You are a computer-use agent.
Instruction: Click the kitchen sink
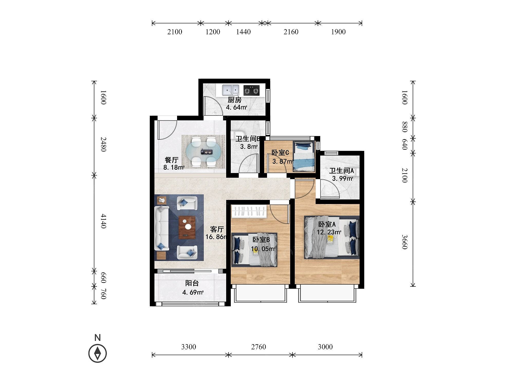(x=231, y=90)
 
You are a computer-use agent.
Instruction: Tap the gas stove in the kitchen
(x=251, y=90)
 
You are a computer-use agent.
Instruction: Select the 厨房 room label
(x=234, y=100)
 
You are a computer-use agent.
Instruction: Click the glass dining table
(x=203, y=152)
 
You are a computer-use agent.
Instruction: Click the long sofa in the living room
(x=161, y=228)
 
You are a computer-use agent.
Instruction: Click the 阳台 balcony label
(x=192, y=283)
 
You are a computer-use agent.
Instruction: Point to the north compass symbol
(x=97, y=353)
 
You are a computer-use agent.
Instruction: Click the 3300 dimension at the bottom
(x=189, y=347)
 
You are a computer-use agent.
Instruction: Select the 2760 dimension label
(x=259, y=347)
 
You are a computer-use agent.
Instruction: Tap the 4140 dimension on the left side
(x=103, y=221)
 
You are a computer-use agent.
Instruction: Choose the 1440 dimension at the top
(x=243, y=32)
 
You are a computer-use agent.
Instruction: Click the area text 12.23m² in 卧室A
(x=329, y=232)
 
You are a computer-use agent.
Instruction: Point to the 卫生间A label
(x=342, y=171)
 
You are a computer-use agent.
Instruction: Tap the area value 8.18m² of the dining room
(x=174, y=168)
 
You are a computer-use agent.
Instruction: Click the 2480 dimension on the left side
(x=103, y=144)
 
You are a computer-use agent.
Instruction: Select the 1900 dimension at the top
(x=338, y=32)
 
